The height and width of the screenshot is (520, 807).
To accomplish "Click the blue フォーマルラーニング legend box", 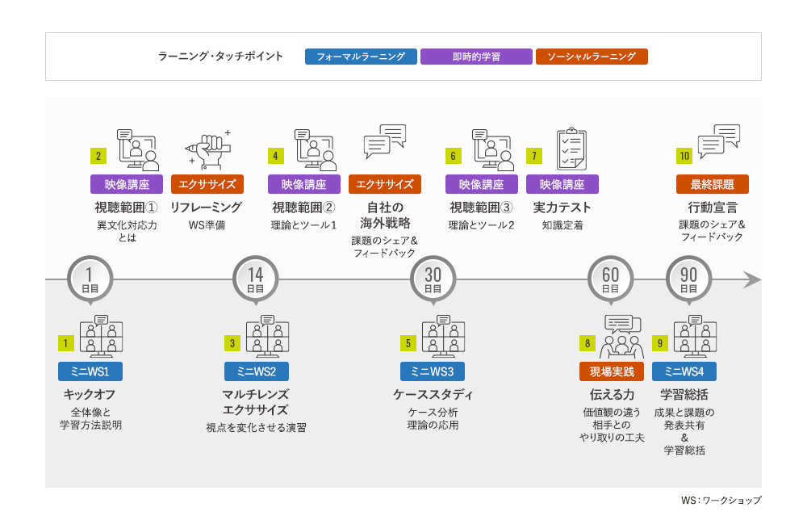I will tap(361, 57).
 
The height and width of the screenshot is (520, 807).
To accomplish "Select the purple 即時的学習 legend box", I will tap(476, 57).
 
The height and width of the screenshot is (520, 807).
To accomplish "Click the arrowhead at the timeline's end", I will tap(752, 280).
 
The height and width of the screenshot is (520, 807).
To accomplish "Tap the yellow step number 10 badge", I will tap(684, 156).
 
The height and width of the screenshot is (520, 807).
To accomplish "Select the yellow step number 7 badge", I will tap(533, 156).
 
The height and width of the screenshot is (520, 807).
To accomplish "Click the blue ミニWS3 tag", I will tap(433, 371).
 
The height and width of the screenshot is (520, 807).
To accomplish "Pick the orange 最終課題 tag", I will tap(713, 184).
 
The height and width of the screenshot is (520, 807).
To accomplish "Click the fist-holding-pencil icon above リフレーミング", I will tap(207, 149).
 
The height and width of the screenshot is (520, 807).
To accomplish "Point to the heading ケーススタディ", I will tap(433, 395).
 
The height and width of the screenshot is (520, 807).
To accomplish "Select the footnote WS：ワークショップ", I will tap(721, 501).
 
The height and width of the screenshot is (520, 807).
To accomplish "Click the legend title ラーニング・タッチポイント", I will tap(220, 57).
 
